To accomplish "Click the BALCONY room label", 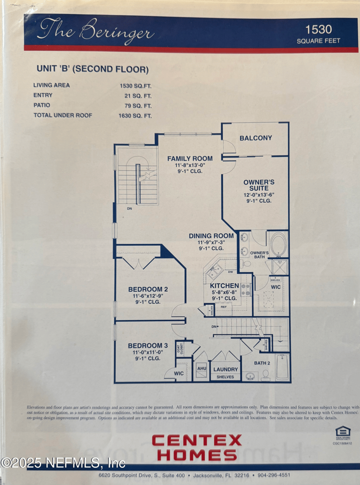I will coord(256,138).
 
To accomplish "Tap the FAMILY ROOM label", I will coord(190,159).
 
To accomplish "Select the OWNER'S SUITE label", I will coord(259,185).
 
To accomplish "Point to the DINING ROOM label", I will coord(211,236).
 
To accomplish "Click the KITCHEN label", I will coord(224,286).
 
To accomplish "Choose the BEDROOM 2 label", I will coord(148,289).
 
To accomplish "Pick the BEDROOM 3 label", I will coord(148,345).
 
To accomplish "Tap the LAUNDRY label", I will coord(225,369).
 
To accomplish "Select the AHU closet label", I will coord(202,368).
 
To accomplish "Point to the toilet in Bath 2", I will coord(265,375).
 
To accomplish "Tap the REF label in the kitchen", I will coord(223,307).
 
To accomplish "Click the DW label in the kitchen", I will coord(230,272).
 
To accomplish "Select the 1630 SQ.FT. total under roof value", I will coord(135,116).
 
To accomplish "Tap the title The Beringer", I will coord(96,31).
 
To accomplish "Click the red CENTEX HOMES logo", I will coord(196,447).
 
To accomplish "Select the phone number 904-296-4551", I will coord(273,475).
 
